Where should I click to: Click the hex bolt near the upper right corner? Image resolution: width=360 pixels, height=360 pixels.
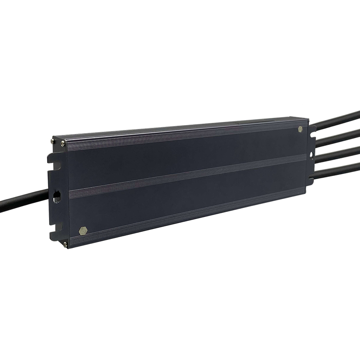click(x=300, y=129)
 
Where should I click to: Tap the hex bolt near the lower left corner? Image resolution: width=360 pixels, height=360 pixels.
click(x=82, y=230)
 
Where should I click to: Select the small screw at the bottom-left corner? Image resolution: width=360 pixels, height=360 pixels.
click(x=65, y=244)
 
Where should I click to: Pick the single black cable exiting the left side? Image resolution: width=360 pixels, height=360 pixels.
click(x=22, y=202)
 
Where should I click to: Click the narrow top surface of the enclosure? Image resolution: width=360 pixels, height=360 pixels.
click(x=180, y=128)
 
